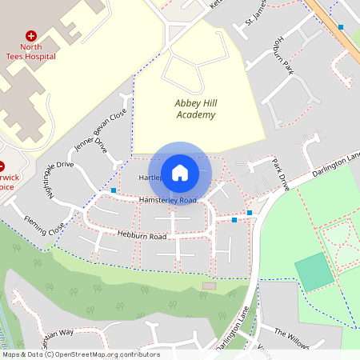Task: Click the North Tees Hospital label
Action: click(31, 52)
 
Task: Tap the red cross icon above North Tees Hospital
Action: click(31, 36)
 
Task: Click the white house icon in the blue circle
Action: click(180, 172)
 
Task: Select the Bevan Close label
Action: click(114, 124)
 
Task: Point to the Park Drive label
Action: click(280, 174)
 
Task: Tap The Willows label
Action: click(291, 338)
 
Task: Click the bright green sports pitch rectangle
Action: click(314, 272)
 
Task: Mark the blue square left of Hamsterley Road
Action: click(114, 190)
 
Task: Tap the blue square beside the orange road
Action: click(341, 27)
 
